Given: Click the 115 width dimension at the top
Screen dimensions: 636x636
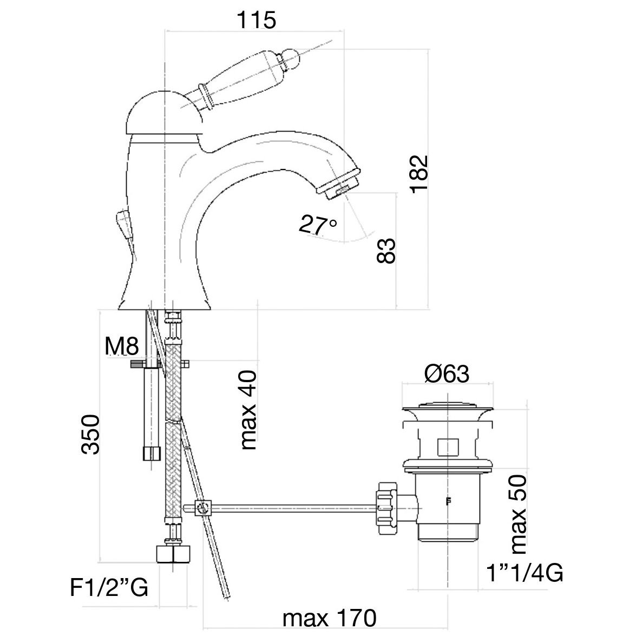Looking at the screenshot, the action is (256, 20).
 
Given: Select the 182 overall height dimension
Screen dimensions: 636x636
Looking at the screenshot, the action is (419, 174).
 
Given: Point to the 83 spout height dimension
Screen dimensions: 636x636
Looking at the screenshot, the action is (386, 251).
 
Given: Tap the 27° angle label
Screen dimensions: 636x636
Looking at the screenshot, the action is (318, 225).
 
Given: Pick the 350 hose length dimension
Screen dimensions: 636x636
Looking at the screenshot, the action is (90, 434).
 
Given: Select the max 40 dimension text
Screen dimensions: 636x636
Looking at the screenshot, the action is (248, 410).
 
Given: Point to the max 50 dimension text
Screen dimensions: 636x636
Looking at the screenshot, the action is (518, 514).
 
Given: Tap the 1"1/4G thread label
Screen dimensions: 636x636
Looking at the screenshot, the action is (525, 573).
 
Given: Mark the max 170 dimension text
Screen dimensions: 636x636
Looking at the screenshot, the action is (329, 618).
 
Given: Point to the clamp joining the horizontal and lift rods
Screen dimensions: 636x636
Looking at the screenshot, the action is (202, 508).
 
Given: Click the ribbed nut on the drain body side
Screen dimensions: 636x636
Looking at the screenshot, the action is (386, 508).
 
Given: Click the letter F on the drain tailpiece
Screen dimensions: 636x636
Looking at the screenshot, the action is (448, 501).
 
